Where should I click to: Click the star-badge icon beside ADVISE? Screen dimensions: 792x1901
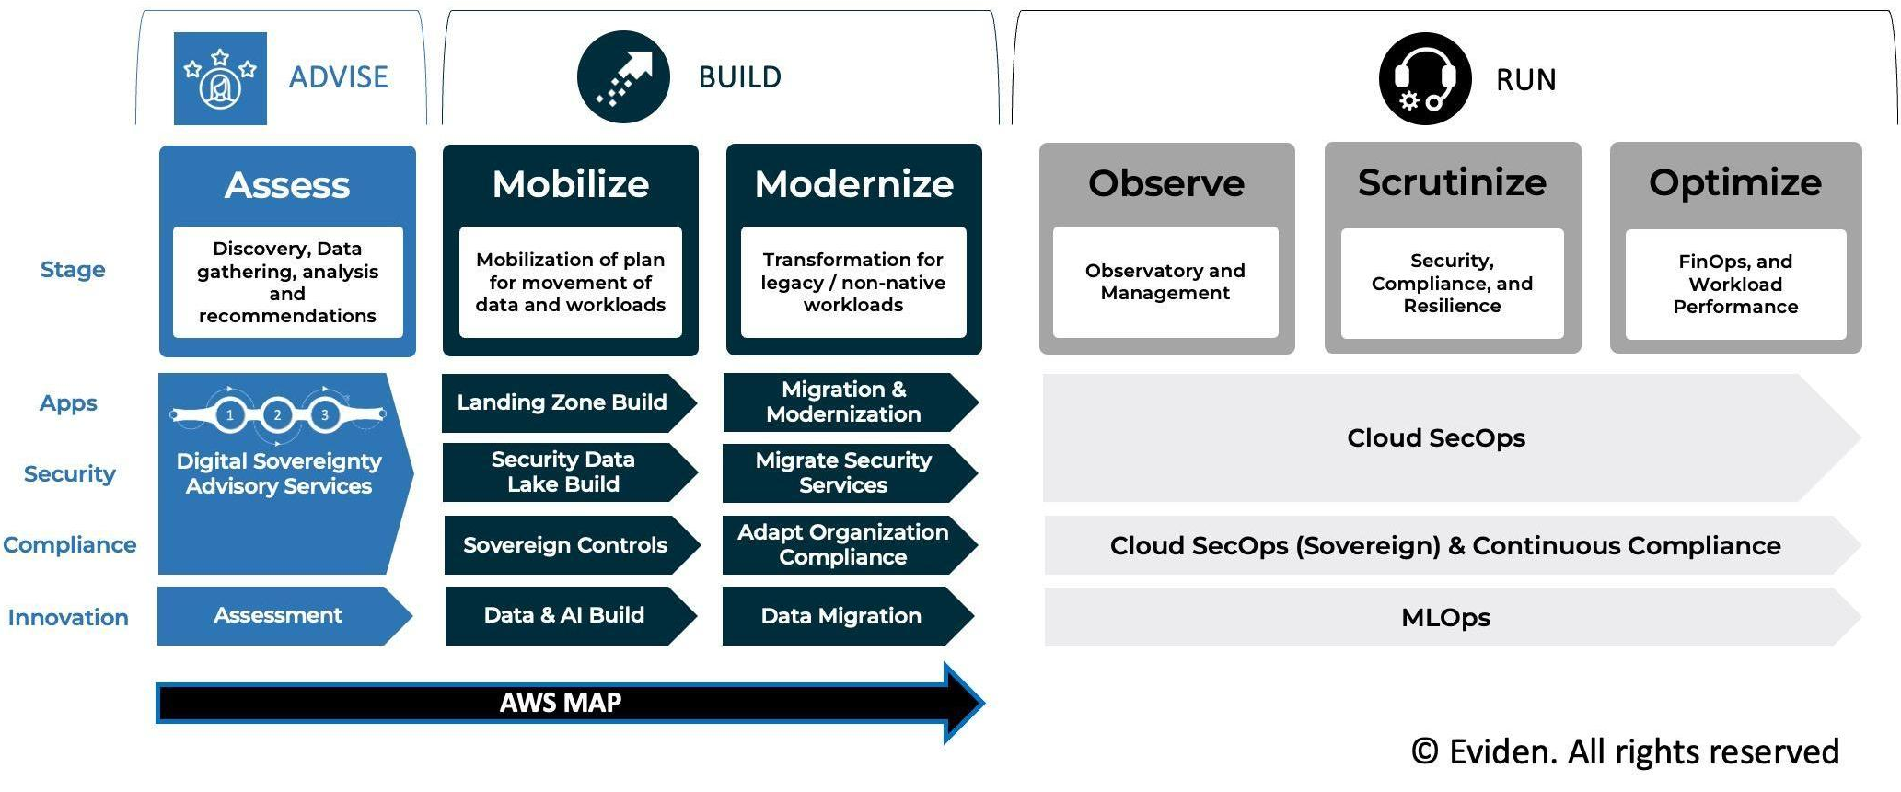point(220,78)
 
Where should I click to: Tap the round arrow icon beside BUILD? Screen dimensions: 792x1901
point(623,77)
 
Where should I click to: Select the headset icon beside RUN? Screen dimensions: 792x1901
point(1424,79)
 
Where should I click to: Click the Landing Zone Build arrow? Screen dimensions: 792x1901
point(562,402)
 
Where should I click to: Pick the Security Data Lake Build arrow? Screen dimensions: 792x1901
point(562,472)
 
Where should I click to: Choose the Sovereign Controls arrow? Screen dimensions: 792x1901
point(565,545)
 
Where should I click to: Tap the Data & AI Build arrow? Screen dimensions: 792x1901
point(564,615)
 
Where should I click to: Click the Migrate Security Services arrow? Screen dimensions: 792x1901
point(843,473)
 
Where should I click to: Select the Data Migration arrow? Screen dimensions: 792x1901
point(841,616)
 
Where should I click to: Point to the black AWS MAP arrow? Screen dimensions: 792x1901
point(561,704)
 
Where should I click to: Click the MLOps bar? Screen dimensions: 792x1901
point(1445,617)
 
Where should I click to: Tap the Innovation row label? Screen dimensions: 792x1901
point(68,617)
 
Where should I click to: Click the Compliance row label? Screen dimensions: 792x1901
point(70,545)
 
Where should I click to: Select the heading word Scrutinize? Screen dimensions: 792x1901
point(1452,182)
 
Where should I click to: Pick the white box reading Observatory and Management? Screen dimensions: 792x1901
point(1165,282)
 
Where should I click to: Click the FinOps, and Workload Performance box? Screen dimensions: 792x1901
point(1735,284)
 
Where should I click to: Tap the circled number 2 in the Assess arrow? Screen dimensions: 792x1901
point(277,415)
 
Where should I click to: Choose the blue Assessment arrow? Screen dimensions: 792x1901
point(278,615)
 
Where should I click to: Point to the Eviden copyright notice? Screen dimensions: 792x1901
point(1625,751)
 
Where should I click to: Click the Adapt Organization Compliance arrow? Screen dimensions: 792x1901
point(843,545)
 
